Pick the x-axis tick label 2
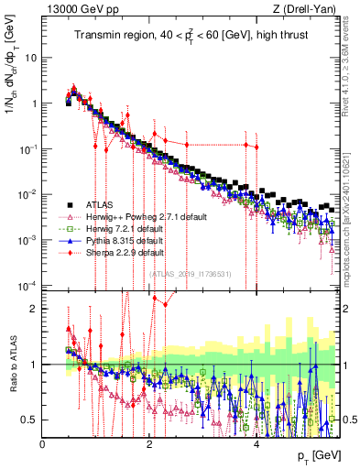(x=150, y=443)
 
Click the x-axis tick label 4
(x=256, y=443)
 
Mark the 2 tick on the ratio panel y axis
(x=33, y=309)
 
